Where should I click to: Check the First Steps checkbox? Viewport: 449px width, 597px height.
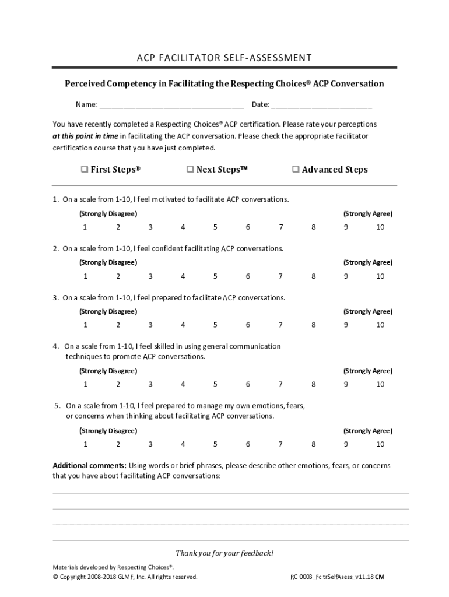[84, 170]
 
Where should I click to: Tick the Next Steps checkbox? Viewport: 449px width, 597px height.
[190, 170]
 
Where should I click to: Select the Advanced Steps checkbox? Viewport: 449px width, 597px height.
[296, 170]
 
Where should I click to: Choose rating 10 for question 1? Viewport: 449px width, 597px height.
[380, 227]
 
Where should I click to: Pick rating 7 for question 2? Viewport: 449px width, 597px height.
[280, 276]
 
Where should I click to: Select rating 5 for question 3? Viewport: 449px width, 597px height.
[215, 325]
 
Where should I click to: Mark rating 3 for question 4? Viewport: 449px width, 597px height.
[150, 384]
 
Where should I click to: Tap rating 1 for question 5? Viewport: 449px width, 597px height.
[85, 444]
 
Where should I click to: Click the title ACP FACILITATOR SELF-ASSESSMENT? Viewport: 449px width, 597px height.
[224, 57]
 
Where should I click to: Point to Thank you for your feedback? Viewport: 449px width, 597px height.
[224, 553]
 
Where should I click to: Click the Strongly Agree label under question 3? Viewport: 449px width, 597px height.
[367, 311]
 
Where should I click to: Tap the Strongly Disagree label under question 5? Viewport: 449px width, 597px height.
[108, 431]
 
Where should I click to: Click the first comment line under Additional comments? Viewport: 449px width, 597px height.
[231, 493]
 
